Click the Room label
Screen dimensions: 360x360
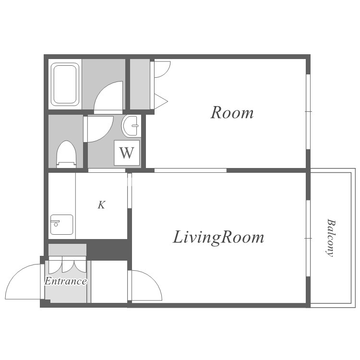[x=232, y=112]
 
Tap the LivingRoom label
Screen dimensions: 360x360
[x=218, y=238]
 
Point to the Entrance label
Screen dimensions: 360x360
[x=66, y=281]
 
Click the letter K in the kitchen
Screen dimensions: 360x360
[x=101, y=205]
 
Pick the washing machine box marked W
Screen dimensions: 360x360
[x=127, y=153]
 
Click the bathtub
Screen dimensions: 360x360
[x=65, y=84]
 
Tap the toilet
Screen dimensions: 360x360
[x=66, y=154]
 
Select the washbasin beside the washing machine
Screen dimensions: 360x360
[x=132, y=126]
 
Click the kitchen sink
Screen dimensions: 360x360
[x=62, y=225]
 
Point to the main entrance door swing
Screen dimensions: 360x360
[x=23, y=281]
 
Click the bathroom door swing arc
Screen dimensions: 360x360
[x=108, y=96]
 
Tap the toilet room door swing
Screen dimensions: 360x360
[x=100, y=129]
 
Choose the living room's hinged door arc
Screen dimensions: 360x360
[x=147, y=286]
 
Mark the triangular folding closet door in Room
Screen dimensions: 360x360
[x=161, y=101]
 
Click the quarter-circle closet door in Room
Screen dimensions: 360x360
[x=162, y=69]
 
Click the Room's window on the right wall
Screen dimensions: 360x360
[x=308, y=111]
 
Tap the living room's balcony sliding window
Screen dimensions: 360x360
[x=308, y=238]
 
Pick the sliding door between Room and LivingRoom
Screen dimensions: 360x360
[x=191, y=170]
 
